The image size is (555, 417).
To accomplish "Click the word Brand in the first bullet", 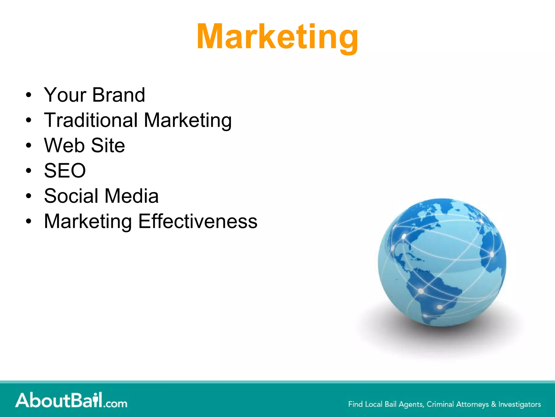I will tap(118, 95).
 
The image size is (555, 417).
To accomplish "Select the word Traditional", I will tap(91, 120).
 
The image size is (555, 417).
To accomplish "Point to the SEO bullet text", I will tap(65, 171).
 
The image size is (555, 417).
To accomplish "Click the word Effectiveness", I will tap(198, 221).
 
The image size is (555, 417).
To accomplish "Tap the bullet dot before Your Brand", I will tap(28, 95).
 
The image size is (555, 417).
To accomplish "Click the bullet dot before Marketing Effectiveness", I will tap(28, 222).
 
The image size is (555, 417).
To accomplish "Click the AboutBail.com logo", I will tap(71, 400).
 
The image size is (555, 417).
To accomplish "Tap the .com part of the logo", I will tap(115, 403).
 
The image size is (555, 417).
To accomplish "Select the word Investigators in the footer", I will tap(519, 404).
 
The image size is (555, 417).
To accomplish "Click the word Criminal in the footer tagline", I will tap(440, 404).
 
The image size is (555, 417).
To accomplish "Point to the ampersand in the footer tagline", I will tap(493, 404).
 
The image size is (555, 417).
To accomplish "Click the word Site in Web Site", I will tap(108, 146).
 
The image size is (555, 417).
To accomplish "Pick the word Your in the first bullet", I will tap(65, 95).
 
